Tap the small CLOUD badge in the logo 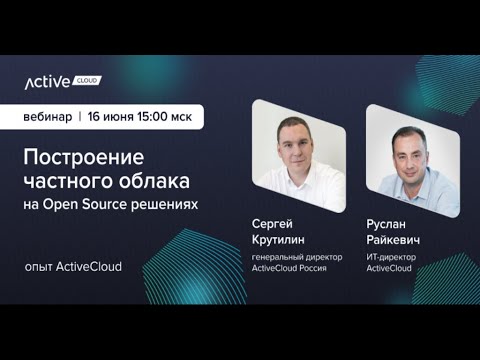click(87, 80)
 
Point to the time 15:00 click(154, 116)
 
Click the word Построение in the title click(84, 157)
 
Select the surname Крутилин click(279, 240)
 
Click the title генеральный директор click(297, 257)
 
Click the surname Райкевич click(393, 240)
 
